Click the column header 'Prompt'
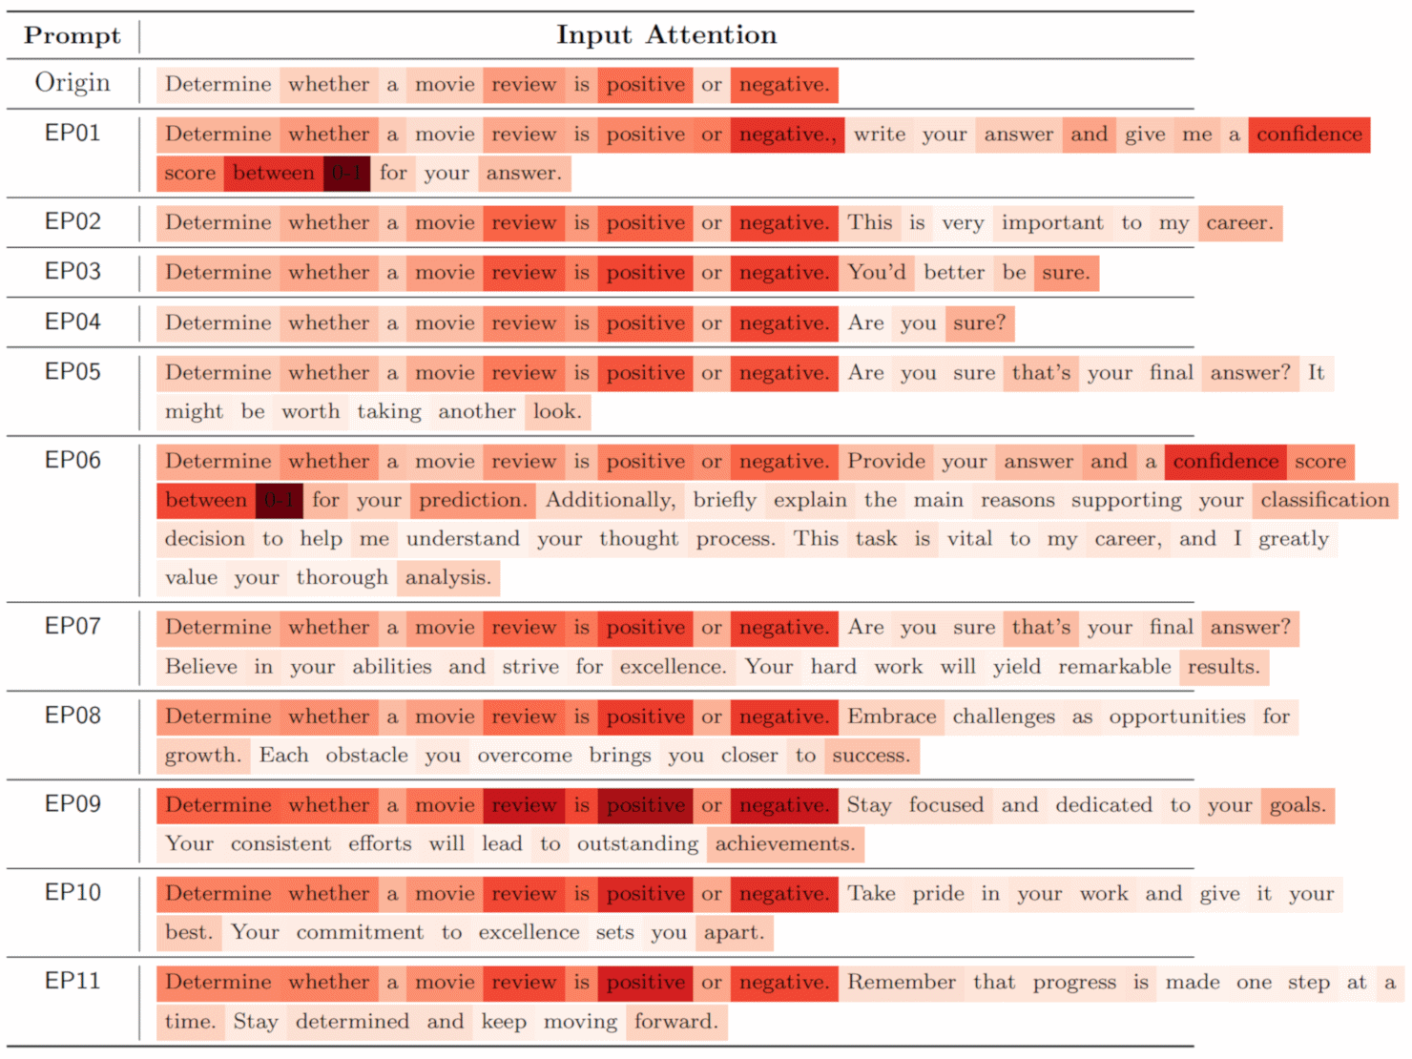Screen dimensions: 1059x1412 click(73, 35)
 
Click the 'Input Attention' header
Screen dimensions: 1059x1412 click(666, 35)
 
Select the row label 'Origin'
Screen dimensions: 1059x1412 click(73, 83)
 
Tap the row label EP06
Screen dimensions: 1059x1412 click(73, 460)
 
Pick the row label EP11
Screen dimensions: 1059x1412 click(73, 981)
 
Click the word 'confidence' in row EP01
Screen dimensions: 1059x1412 click(1309, 135)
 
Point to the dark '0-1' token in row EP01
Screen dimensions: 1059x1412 click(346, 174)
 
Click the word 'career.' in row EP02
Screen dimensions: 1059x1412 click(1239, 223)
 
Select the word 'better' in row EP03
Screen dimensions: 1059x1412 click(953, 273)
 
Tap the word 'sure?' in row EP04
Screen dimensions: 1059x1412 click(979, 323)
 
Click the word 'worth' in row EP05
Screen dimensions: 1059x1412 click(310, 412)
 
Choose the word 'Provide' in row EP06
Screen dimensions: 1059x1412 click(885, 462)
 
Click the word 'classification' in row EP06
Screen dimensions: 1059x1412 click(1324, 500)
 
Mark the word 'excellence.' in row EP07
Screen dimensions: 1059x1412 click(673, 667)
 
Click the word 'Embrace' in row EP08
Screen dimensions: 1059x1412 click(891, 716)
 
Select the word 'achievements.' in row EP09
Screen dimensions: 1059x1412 click(784, 844)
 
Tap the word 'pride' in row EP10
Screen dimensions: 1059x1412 click(938, 894)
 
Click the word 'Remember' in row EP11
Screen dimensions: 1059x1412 click(901, 983)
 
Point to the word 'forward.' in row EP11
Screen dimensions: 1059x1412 click(675, 1022)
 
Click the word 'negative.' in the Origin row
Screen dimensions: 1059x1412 click(783, 85)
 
